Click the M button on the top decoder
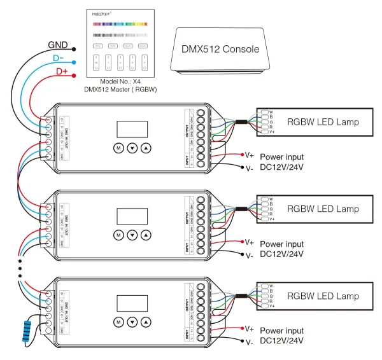point(118,148)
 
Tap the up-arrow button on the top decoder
point(146,148)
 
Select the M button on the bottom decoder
point(118,322)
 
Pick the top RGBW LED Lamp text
point(323,121)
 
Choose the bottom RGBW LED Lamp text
point(323,296)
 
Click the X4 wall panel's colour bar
point(121,27)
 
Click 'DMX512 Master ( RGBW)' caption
point(121,90)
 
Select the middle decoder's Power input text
point(282,244)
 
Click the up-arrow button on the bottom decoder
point(146,322)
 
